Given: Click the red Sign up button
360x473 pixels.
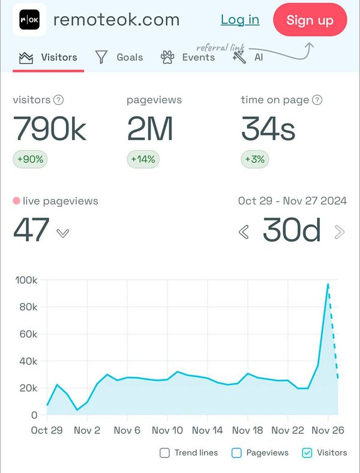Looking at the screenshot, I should [x=310, y=20].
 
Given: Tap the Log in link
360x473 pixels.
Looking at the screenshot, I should [x=240, y=19].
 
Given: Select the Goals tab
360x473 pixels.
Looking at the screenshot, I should [x=119, y=58].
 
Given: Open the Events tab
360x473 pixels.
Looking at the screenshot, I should [x=188, y=58].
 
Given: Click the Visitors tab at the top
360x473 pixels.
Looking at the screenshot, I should [x=49, y=58].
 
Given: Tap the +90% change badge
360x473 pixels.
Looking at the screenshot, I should [x=29, y=159].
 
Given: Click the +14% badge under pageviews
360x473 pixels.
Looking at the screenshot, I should [x=143, y=159].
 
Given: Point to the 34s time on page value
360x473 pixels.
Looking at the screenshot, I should [x=268, y=128].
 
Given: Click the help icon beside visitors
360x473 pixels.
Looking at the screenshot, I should [x=59, y=100].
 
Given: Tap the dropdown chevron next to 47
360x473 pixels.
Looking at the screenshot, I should [x=63, y=233].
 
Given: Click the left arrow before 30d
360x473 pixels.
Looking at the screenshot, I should [x=244, y=232].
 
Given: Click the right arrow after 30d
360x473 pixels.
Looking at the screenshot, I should [x=340, y=232].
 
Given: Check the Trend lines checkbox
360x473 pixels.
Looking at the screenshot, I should [x=164, y=453].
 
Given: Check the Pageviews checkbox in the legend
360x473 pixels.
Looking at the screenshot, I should [x=236, y=453].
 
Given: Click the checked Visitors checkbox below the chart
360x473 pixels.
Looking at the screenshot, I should [x=307, y=453].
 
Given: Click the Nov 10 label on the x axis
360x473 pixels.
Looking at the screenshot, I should [x=167, y=430].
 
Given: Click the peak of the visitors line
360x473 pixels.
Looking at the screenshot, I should [x=328, y=284].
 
